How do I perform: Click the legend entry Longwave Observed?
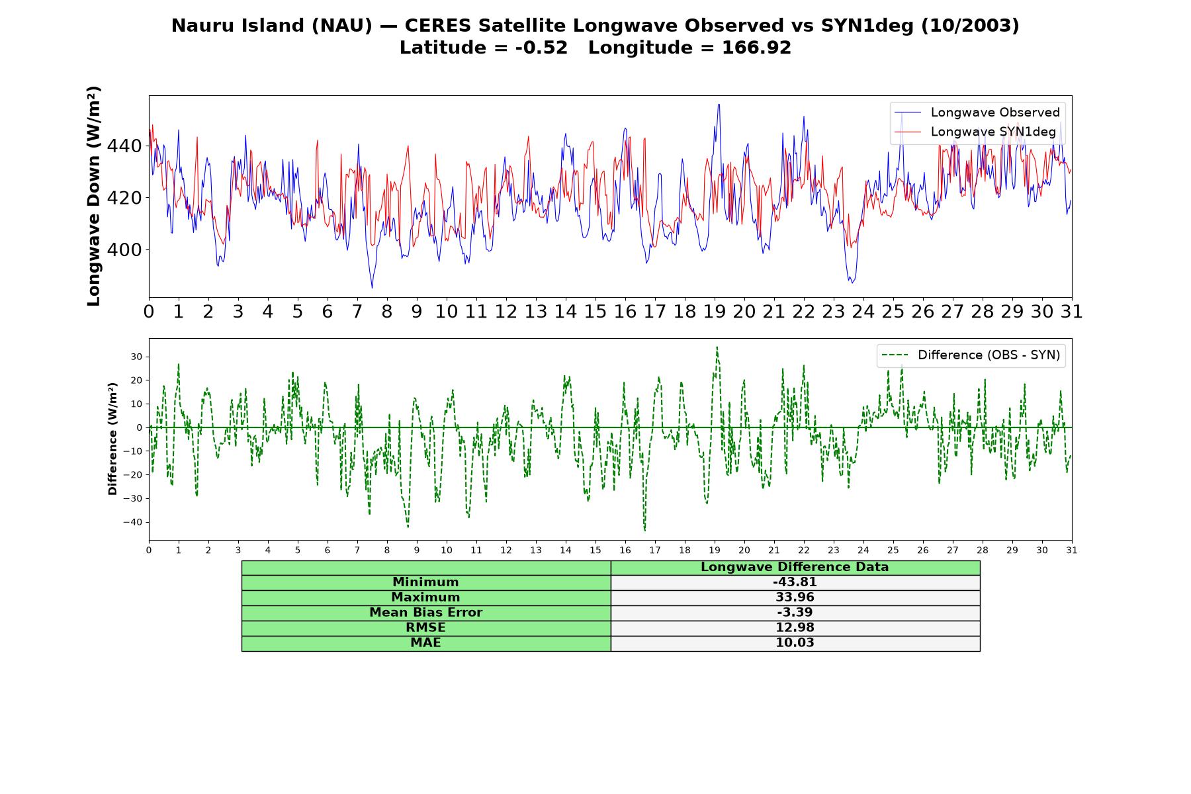coord(977,112)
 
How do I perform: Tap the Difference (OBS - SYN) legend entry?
coord(971,355)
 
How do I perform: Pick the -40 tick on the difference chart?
coord(132,522)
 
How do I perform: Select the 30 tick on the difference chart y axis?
coord(136,357)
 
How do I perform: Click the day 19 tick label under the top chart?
coord(715,312)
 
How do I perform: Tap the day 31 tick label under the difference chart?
coord(1072,550)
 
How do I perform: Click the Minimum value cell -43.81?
coord(795,582)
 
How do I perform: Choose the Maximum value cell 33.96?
coord(795,597)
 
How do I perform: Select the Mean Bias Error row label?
coord(425,613)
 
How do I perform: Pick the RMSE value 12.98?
coord(795,628)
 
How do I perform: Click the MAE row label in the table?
coord(425,643)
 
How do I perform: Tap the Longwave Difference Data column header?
coord(795,567)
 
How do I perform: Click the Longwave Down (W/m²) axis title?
coord(93,196)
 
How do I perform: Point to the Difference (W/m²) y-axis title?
coord(112,439)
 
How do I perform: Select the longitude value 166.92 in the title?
coord(756,48)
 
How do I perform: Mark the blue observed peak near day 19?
coord(719,105)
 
